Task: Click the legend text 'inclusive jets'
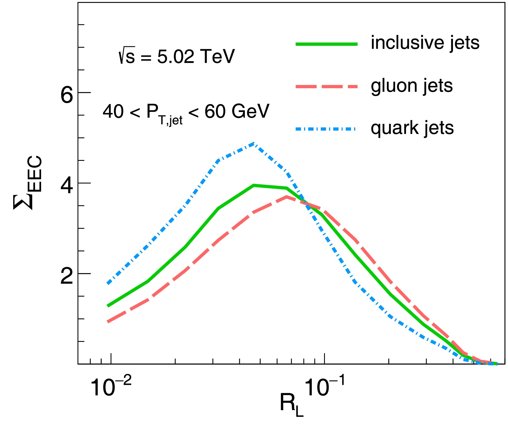[425, 43]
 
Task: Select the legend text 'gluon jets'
[412, 86]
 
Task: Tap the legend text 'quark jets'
[412, 128]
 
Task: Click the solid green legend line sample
[326, 44]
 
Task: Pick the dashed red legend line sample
[326, 86]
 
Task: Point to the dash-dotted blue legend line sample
[326, 129]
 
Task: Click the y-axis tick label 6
[67, 95]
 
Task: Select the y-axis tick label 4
[67, 186]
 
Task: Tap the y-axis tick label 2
[67, 276]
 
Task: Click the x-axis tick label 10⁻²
[111, 386]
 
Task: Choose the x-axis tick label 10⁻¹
[324, 386]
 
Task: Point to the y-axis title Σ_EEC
[27, 183]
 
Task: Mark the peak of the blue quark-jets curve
[254, 143]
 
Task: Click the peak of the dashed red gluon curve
[286, 196]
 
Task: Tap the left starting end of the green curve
[108, 306]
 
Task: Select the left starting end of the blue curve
[108, 283]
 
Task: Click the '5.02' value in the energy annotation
[176, 57]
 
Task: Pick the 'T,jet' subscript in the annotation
[170, 120]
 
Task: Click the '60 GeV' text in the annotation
[237, 111]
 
